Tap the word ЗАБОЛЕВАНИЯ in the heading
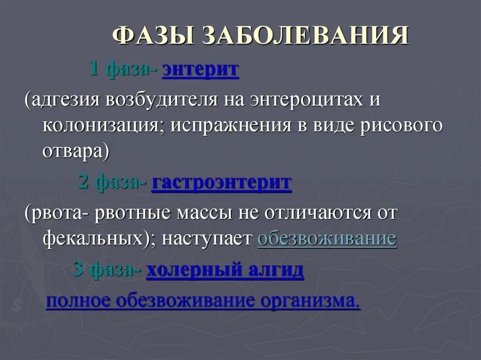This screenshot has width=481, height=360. coord(306,37)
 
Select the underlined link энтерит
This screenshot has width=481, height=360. coord(201,70)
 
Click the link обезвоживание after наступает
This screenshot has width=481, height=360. coord(327,238)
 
